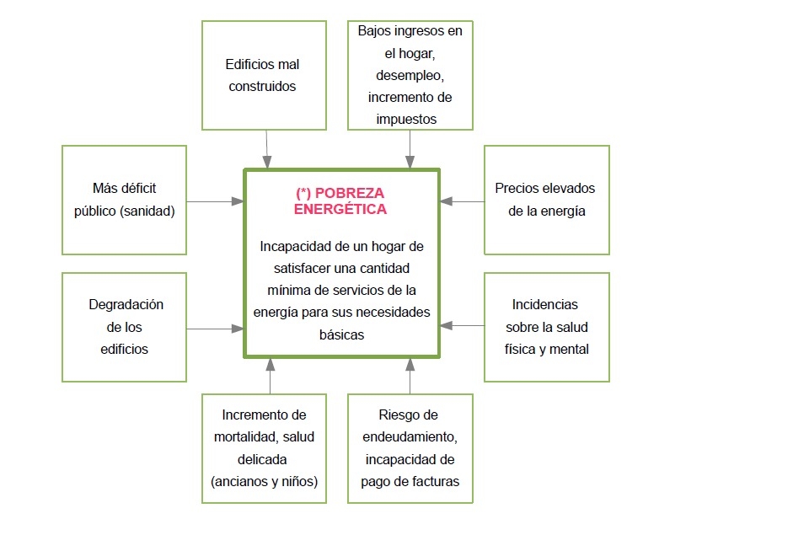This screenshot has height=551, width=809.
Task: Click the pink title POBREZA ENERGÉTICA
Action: click(x=340, y=201)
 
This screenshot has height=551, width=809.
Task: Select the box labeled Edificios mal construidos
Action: click(x=264, y=75)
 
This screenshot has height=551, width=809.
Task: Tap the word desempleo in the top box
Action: click(x=410, y=75)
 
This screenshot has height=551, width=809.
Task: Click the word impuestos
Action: click(x=406, y=119)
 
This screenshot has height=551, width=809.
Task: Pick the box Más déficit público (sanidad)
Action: click(x=125, y=201)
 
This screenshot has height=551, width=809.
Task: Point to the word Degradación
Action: click(x=126, y=304)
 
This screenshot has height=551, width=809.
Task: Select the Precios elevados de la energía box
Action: click(x=547, y=201)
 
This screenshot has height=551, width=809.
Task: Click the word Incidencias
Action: click(x=545, y=304)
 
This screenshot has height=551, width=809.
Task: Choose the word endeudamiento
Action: click(x=410, y=437)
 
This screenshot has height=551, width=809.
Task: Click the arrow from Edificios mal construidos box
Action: click(x=267, y=150)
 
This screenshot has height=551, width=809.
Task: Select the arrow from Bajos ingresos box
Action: click(x=410, y=150)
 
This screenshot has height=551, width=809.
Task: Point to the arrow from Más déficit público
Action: click(x=215, y=201)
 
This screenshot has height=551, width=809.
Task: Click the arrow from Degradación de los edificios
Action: click(x=215, y=329)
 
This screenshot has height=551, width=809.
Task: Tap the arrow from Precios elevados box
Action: click(x=463, y=201)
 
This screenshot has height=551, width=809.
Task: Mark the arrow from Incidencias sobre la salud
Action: click(x=463, y=325)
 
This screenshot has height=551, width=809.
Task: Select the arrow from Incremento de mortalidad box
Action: click(x=270, y=376)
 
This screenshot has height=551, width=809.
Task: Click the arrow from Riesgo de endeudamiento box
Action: click(x=410, y=376)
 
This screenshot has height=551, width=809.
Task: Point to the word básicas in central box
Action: click(x=341, y=334)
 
